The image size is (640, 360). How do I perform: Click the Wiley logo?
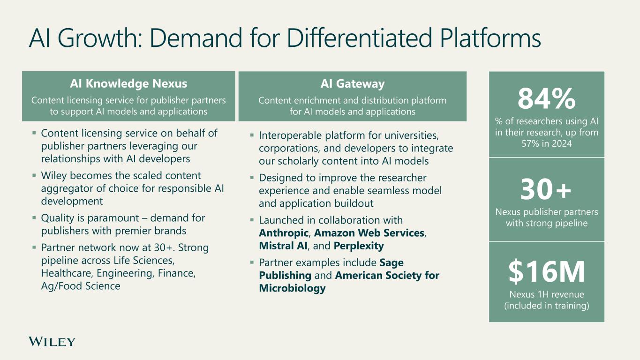click(x=52, y=342)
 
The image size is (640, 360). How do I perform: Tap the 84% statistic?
click(x=546, y=99)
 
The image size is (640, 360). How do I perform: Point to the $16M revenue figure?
click(x=546, y=273)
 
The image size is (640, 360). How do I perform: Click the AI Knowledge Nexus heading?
click(x=128, y=84)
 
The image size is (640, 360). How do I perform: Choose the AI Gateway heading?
click(x=352, y=84)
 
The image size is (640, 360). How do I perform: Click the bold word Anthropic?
click(x=284, y=233)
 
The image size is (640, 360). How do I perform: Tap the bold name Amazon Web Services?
click(x=369, y=233)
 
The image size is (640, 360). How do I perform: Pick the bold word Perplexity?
click(x=359, y=246)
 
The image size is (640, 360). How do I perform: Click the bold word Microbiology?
click(x=292, y=288)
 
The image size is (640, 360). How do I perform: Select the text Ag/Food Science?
click(x=81, y=286)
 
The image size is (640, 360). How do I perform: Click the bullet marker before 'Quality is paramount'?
click(x=34, y=218)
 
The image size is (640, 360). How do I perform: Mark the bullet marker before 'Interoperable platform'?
click(x=252, y=136)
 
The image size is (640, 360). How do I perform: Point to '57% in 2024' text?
click(x=546, y=144)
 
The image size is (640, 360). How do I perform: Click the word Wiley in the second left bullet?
click(x=54, y=176)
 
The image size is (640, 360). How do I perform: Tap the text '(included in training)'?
click(x=546, y=306)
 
